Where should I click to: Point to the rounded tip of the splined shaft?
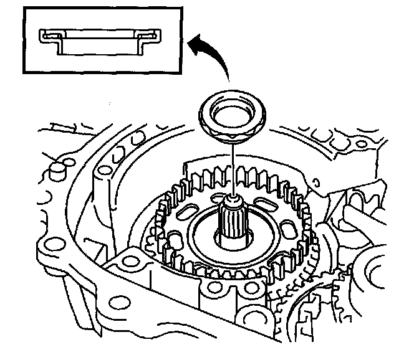pos(233,201)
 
